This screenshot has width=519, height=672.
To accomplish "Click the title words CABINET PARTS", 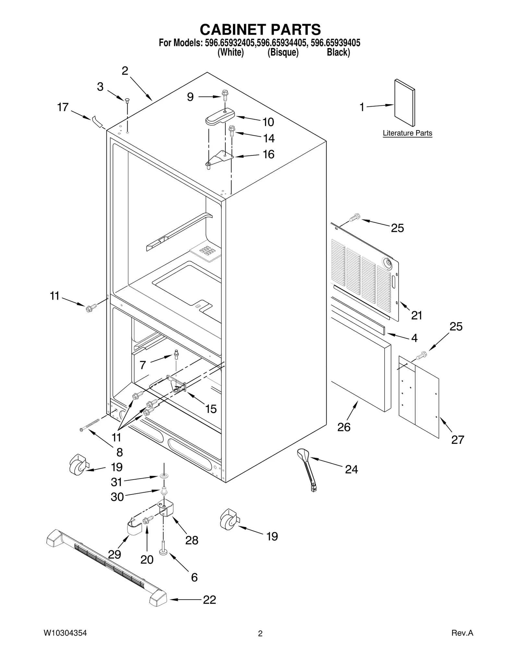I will pos(260,30).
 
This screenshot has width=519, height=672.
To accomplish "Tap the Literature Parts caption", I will pos(407,133).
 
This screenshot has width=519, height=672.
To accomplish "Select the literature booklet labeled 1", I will pos(404,103).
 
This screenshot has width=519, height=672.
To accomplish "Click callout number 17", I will pos(63,107).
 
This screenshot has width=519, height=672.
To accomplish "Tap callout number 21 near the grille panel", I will pos(416,315).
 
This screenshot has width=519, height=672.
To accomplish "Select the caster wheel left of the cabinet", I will pos(78,465).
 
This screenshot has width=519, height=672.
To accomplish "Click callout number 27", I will pos(457,440).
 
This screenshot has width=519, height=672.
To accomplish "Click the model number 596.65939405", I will pos(335,43).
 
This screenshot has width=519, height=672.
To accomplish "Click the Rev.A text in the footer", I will pos(462,633).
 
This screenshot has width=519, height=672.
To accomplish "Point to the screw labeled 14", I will pos(231,131).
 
